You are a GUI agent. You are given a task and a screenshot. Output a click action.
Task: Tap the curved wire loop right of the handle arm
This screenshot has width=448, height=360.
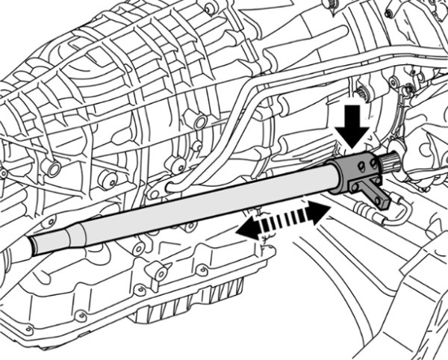(403, 213)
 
